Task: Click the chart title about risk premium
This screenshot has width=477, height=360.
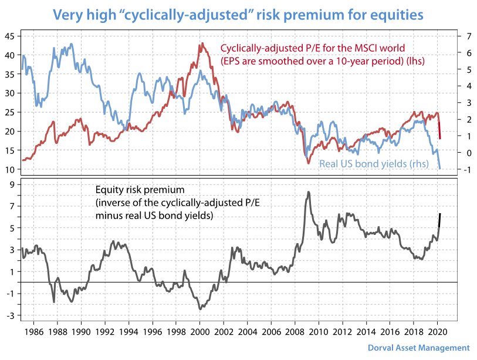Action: click(x=238, y=14)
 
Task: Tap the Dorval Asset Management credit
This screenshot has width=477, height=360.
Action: click(x=419, y=348)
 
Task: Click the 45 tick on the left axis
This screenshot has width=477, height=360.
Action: click(x=9, y=36)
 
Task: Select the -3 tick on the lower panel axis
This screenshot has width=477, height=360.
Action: click(x=11, y=316)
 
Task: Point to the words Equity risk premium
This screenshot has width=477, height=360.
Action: click(x=140, y=190)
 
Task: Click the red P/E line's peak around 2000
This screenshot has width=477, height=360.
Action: click(x=201, y=43)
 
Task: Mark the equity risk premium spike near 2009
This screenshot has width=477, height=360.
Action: click(x=309, y=193)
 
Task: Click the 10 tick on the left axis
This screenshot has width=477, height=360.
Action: click(x=9, y=170)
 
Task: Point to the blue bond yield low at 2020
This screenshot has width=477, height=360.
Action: click(x=440, y=169)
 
